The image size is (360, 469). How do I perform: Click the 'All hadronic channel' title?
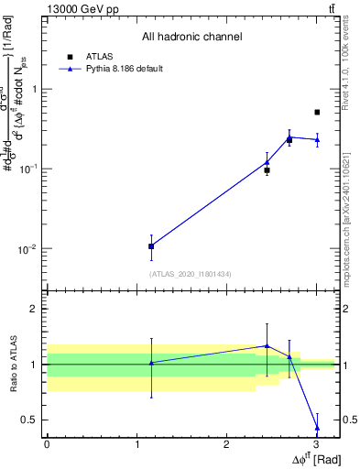(x=191, y=38)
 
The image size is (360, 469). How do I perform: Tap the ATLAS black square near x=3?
(x=317, y=112)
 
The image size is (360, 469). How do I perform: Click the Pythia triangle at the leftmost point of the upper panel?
(x=151, y=245)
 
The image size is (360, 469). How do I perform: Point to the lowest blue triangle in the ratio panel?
(x=317, y=428)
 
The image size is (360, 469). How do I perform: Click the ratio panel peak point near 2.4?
(x=267, y=345)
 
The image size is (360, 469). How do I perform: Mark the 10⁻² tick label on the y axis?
(x=28, y=249)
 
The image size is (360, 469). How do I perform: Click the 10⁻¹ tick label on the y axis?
(x=28, y=169)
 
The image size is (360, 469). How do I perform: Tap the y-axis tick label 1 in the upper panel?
(x=35, y=90)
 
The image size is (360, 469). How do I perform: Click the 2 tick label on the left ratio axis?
(x=35, y=310)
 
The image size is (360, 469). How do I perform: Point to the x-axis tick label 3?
(x=316, y=444)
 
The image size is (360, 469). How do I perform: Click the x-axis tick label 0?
(x=47, y=444)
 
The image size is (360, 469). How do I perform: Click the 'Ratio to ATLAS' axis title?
(x=12, y=365)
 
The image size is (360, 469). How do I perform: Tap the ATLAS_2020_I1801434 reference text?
(x=191, y=274)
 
